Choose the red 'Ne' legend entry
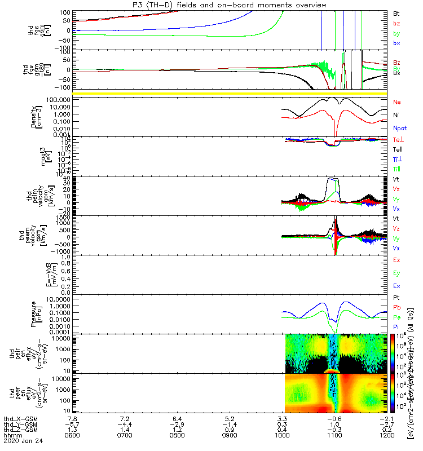click(396, 102)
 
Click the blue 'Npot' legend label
click(399, 128)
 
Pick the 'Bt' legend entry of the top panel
click(396, 13)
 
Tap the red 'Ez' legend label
click(396, 259)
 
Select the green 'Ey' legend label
click(396, 273)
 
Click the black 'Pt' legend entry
click(396, 297)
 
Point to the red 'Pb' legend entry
click(396, 307)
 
